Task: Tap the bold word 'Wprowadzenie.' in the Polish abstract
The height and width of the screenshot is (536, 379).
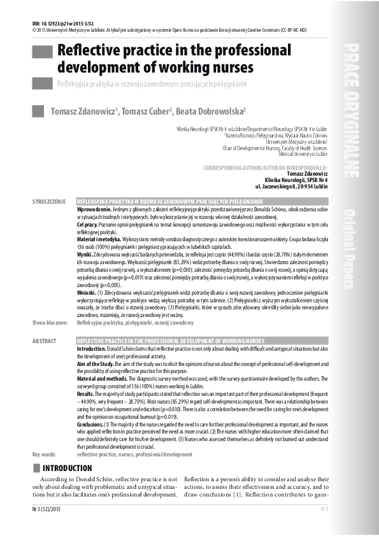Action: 95,209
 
